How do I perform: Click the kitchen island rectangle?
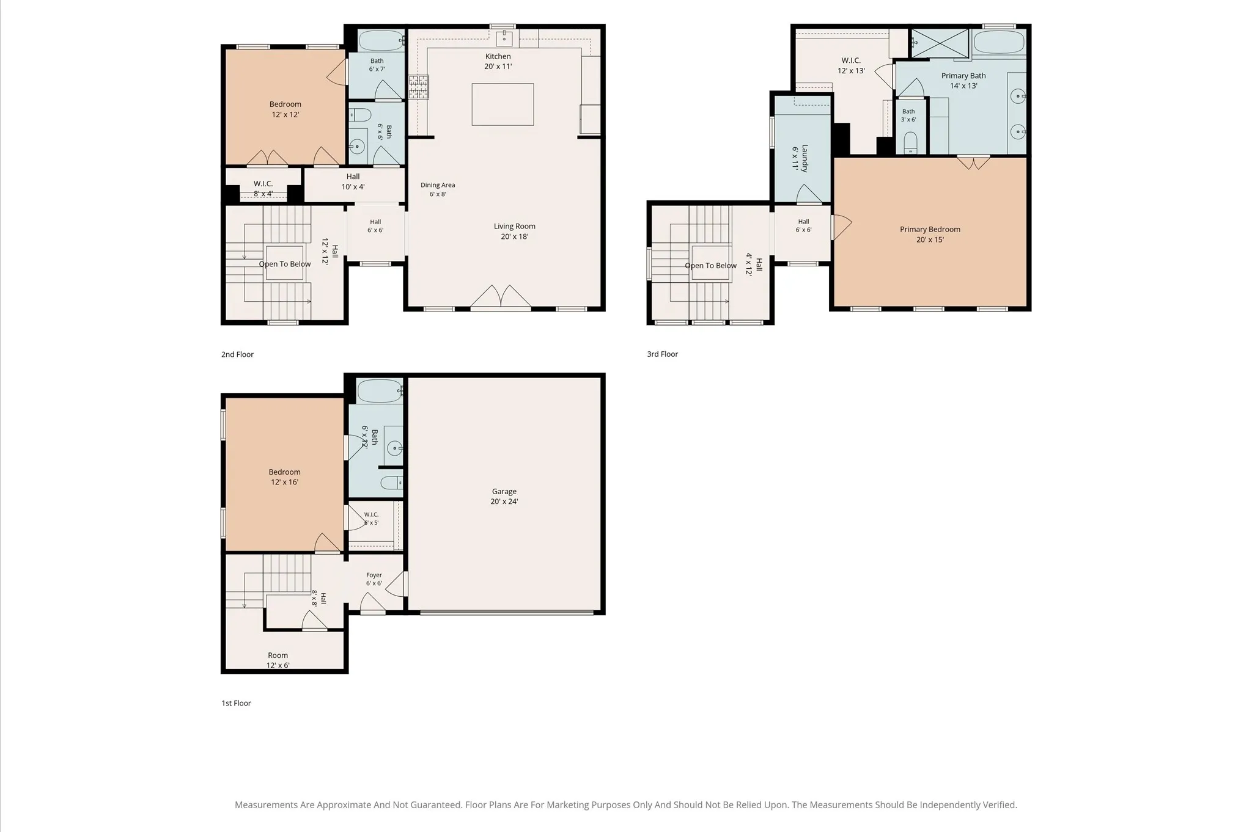pos(503,104)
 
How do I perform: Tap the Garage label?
pos(504,491)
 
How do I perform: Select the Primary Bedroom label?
pos(930,230)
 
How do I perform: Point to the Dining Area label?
pos(438,185)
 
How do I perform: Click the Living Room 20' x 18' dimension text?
pos(515,236)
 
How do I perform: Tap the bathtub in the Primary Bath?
pos(998,42)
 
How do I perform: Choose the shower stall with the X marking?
pos(940,43)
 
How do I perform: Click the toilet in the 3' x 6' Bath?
pos(911,144)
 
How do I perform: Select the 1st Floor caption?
pos(236,703)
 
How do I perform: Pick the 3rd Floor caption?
pos(663,354)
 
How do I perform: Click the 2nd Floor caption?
pos(237,354)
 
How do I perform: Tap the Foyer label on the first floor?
pos(374,575)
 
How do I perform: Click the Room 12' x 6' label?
pos(278,660)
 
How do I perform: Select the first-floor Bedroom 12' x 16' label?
pos(285,477)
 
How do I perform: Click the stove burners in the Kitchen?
pos(419,87)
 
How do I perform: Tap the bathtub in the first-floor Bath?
pos(380,391)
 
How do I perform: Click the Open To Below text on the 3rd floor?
pos(711,266)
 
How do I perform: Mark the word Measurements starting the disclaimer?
pos(267,805)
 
